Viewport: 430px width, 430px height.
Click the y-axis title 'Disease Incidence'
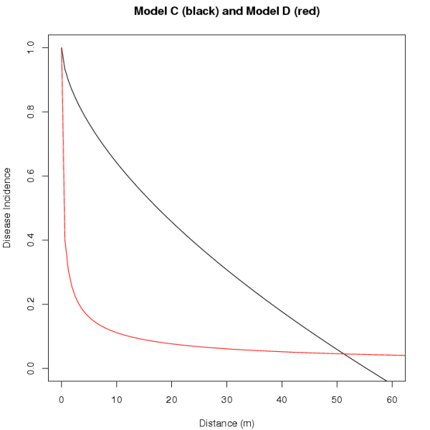(x=7, y=208)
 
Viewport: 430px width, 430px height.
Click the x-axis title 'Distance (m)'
(x=226, y=423)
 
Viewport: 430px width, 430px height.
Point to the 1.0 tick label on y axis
(x=29, y=48)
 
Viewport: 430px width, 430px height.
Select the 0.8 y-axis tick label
(x=29, y=112)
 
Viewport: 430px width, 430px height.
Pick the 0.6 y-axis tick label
(x=29, y=176)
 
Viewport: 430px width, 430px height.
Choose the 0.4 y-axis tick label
(x=29, y=240)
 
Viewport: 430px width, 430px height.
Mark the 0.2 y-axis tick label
(x=29, y=305)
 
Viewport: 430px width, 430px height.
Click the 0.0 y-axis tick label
(x=29, y=368)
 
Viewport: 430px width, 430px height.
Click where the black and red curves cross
(x=344, y=354)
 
